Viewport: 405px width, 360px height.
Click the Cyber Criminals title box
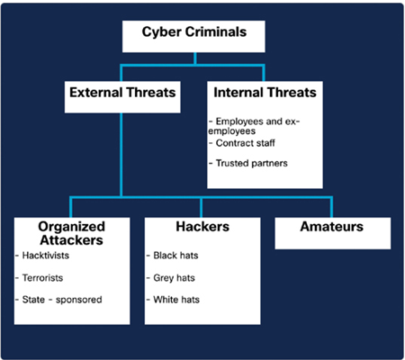point(193,36)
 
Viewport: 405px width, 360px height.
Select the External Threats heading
point(122,93)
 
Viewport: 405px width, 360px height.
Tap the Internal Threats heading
point(265,93)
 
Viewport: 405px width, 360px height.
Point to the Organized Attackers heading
point(72,233)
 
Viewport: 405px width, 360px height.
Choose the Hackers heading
point(202,227)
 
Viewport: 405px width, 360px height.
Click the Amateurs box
point(333,233)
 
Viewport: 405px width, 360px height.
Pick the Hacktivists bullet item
point(42,256)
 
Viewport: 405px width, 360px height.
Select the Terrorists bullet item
point(40,278)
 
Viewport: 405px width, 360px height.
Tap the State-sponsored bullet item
point(58,300)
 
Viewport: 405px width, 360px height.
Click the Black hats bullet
point(173,256)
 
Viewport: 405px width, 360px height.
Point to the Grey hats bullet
point(171,278)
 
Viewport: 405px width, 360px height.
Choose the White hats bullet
point(173,300)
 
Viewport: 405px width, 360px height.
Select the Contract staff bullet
point(242,143)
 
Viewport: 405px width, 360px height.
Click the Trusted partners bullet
point(248,163)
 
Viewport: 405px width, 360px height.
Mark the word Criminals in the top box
point(216,31)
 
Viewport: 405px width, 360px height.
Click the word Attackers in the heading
point(72,240)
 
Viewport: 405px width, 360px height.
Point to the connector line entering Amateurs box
point(331,207)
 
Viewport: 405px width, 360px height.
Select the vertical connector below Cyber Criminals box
point(195,58)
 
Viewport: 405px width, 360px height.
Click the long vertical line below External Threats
point(121,155)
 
